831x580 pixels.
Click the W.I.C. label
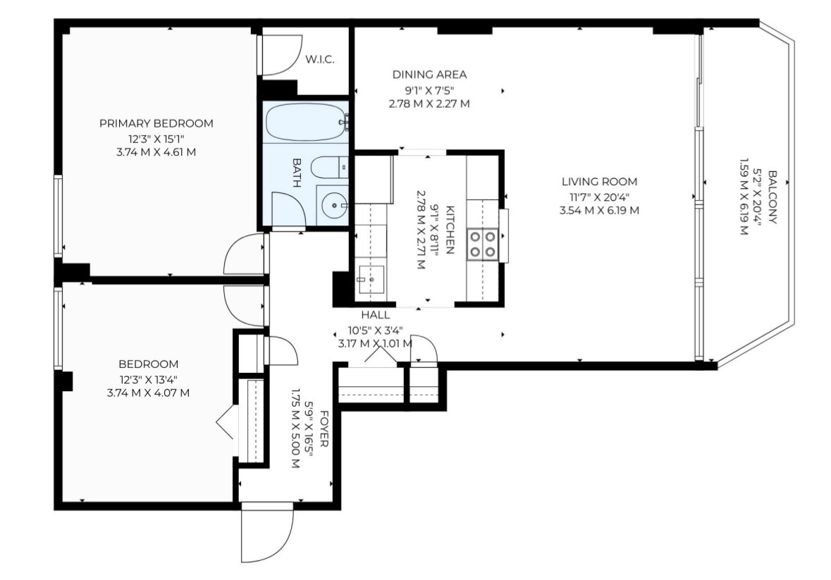point(319,59)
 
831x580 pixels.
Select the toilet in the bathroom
point(329,168)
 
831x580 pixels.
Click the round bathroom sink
point(333,205)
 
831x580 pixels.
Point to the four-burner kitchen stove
point(482,244)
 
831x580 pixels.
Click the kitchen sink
point(371,278)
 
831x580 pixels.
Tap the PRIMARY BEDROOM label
point(156,123)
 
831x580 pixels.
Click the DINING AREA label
point(429,75)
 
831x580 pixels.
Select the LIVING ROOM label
point(599,182)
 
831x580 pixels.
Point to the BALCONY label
point(772,197)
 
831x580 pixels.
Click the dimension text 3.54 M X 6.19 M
point(599,210)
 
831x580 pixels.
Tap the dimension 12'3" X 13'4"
point(148,379)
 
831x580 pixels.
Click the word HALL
point(376,315)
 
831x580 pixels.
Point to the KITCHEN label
point(450,230)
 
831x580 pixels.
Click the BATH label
point(296,173)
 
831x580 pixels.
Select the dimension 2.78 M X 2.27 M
point(429,104)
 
